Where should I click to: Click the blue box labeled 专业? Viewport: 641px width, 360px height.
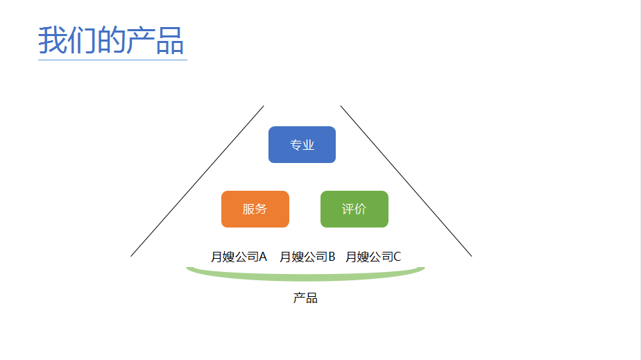pos(302,145)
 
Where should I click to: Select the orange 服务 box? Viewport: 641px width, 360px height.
pos(255,209)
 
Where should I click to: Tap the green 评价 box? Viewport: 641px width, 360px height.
pos(354,209)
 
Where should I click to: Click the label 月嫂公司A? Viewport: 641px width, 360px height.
pos(239,257)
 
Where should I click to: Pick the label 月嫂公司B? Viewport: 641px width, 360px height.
pos(307,257)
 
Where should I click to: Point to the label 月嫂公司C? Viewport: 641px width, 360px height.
pos(373,257)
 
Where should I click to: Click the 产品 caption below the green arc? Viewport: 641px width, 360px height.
pos(305,298)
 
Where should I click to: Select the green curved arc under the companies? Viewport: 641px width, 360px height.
pos(305,278)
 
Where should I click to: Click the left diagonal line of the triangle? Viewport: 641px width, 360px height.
pos(197,181)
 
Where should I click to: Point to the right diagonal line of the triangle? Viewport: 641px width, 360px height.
pos(406,181)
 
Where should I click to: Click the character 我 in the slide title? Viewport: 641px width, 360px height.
pos(53,40)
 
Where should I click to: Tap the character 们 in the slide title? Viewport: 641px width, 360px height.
pos(82,40)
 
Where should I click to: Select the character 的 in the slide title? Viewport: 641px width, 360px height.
pos(111,40)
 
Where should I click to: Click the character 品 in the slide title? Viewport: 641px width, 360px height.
pos(170,40)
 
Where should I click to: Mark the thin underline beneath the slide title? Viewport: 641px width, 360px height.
pos(112,60)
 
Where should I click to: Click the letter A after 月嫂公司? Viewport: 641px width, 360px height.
pos(263,257)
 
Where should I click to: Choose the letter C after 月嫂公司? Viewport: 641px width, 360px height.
pos(397,257)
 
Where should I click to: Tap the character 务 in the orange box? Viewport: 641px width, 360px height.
pos(262,209)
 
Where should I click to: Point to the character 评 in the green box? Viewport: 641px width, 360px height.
pos(348,209)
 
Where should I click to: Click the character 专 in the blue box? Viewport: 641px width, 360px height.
pos(296,145)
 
